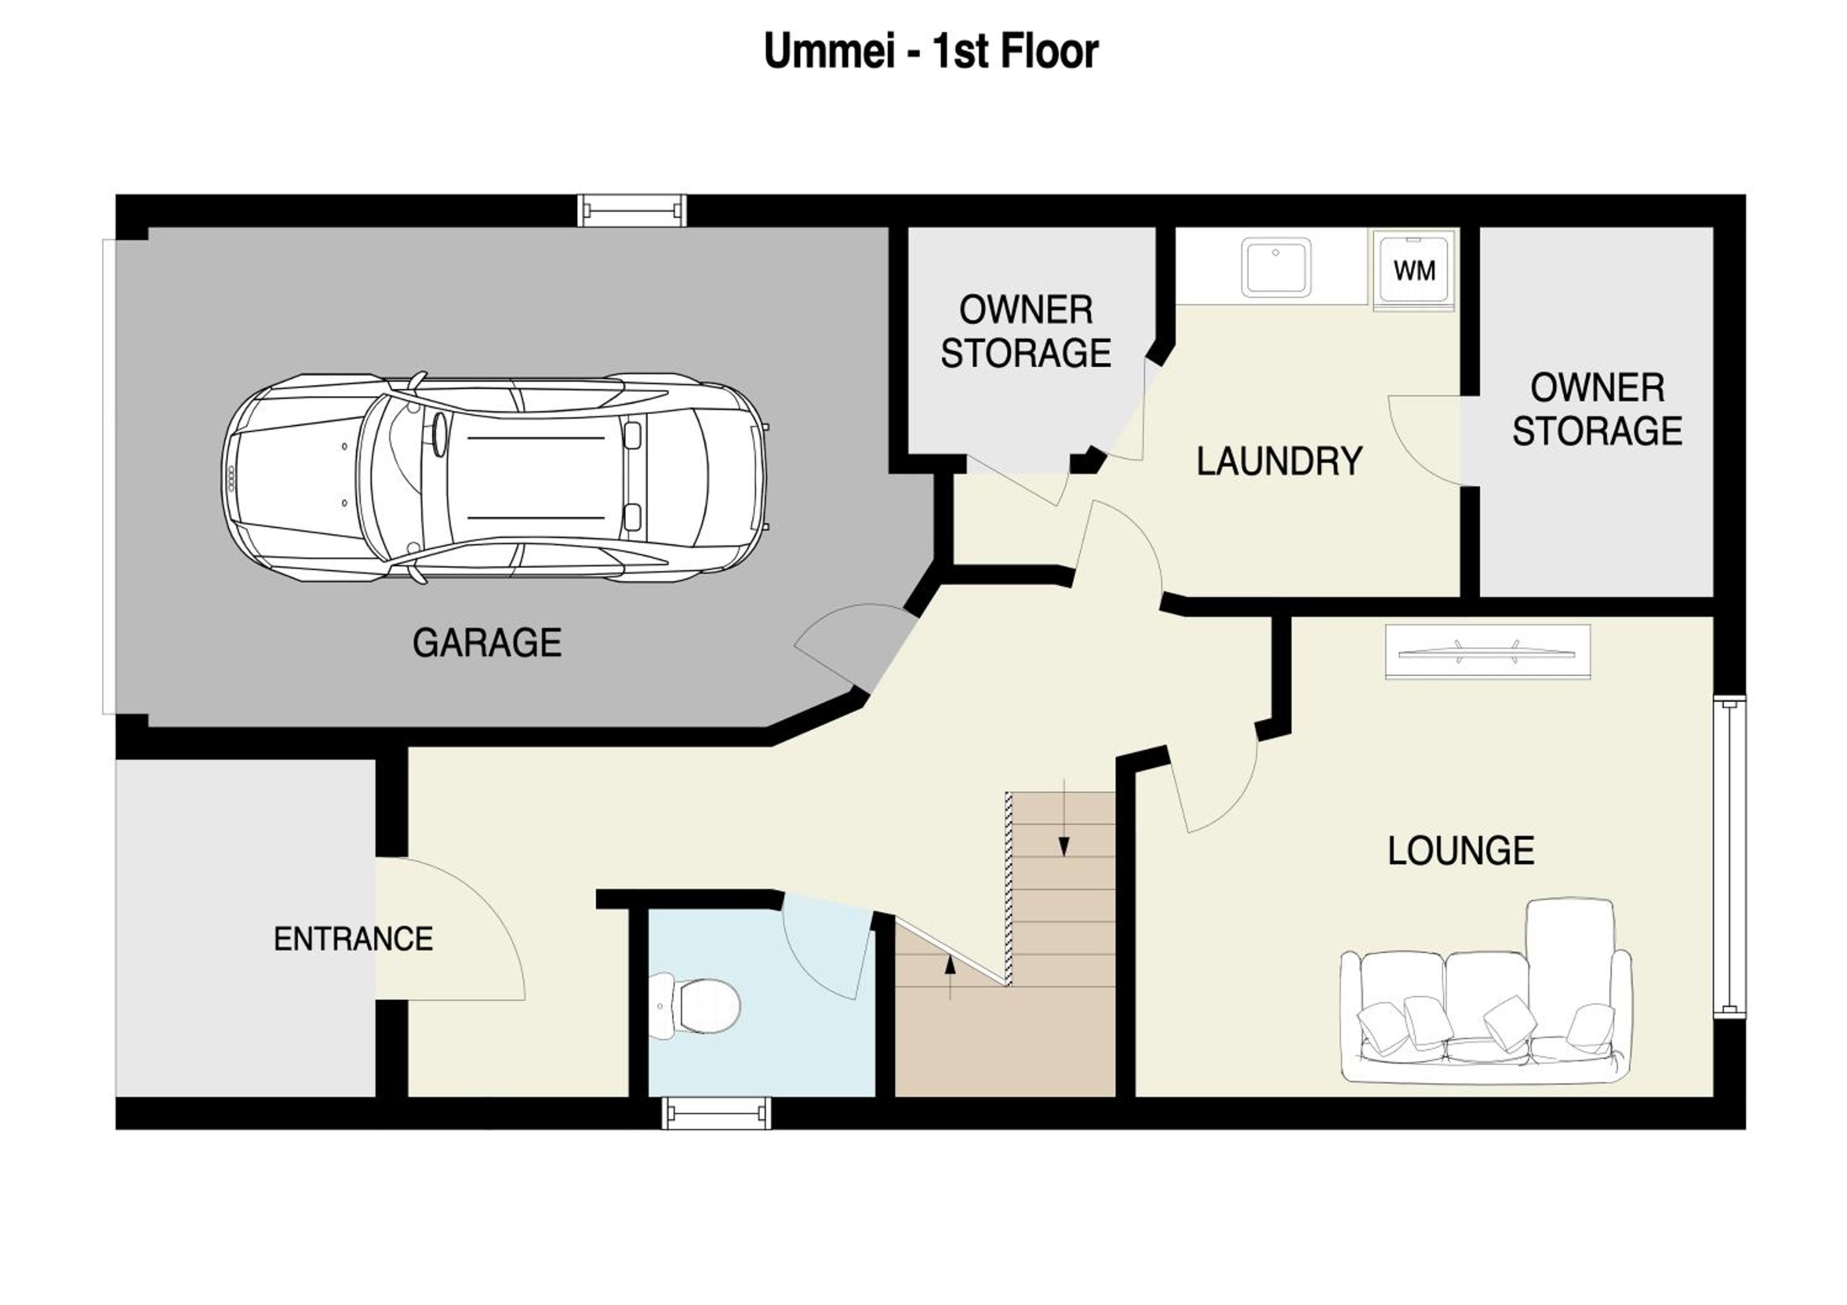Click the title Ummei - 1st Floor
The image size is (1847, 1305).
(931, 52)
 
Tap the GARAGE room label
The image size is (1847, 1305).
(487, 643)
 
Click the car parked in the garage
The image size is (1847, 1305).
(494, 478)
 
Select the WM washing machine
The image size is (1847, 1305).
(1414, 270)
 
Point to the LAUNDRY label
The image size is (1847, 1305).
(1279, 462)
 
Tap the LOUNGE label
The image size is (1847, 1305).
(1461, 851)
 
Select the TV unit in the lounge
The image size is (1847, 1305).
(1487, 652)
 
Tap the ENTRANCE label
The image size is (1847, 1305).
(353, 939)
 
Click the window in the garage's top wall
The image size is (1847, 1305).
(632, 211)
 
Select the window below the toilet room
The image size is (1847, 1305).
(716, 1114)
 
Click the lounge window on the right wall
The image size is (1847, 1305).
(1729, 857)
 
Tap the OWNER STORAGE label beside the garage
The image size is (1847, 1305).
(1026, 332)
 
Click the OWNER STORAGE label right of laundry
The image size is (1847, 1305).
(1597, 410)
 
